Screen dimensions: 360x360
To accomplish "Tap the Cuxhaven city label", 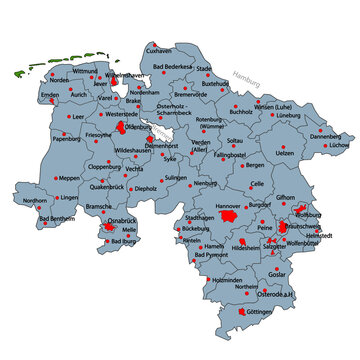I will (x=160, y=50).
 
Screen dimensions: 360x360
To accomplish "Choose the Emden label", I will (x=49, y=96).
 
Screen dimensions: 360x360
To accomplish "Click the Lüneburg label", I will (x=288, y=116).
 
